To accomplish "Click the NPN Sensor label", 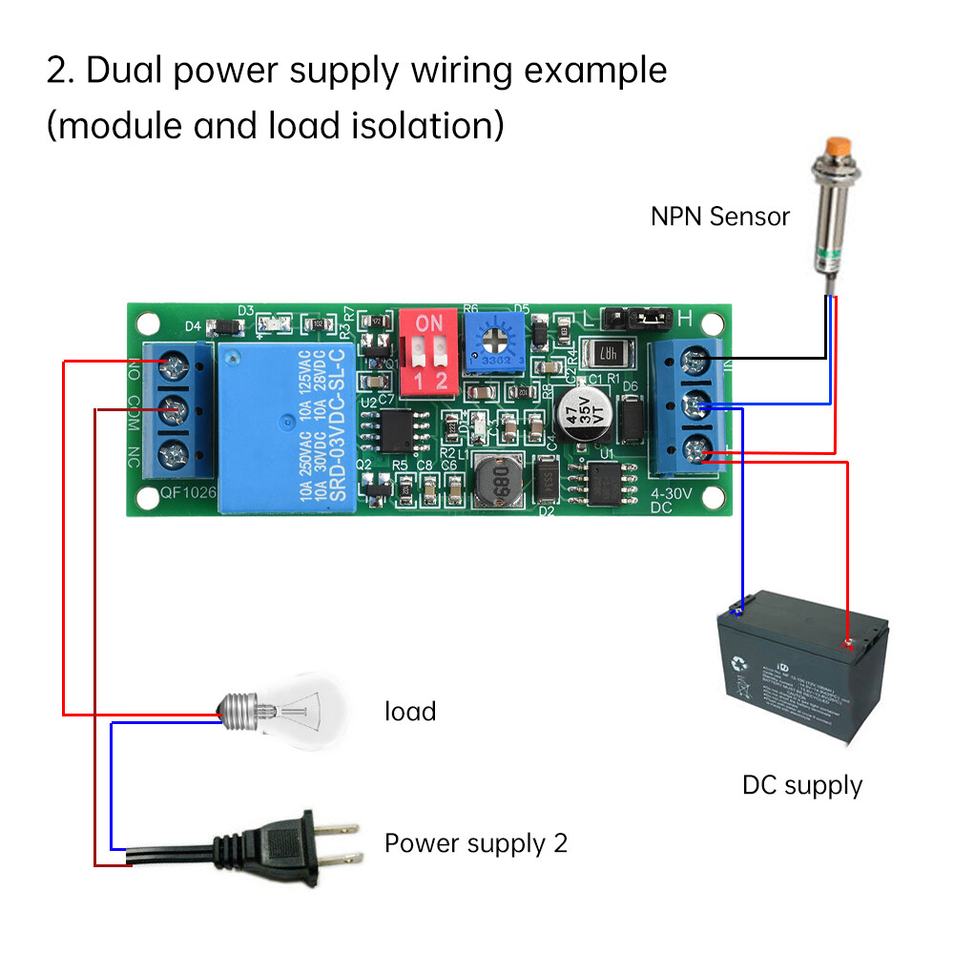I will point(720,217).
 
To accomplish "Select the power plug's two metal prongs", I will point(338,841).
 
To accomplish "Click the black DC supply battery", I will point(801,676).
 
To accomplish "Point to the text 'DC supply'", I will point(801,786).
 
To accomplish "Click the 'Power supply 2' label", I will point(475,843).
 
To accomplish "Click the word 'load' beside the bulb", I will point(410,712).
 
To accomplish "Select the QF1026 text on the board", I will point(187,494).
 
